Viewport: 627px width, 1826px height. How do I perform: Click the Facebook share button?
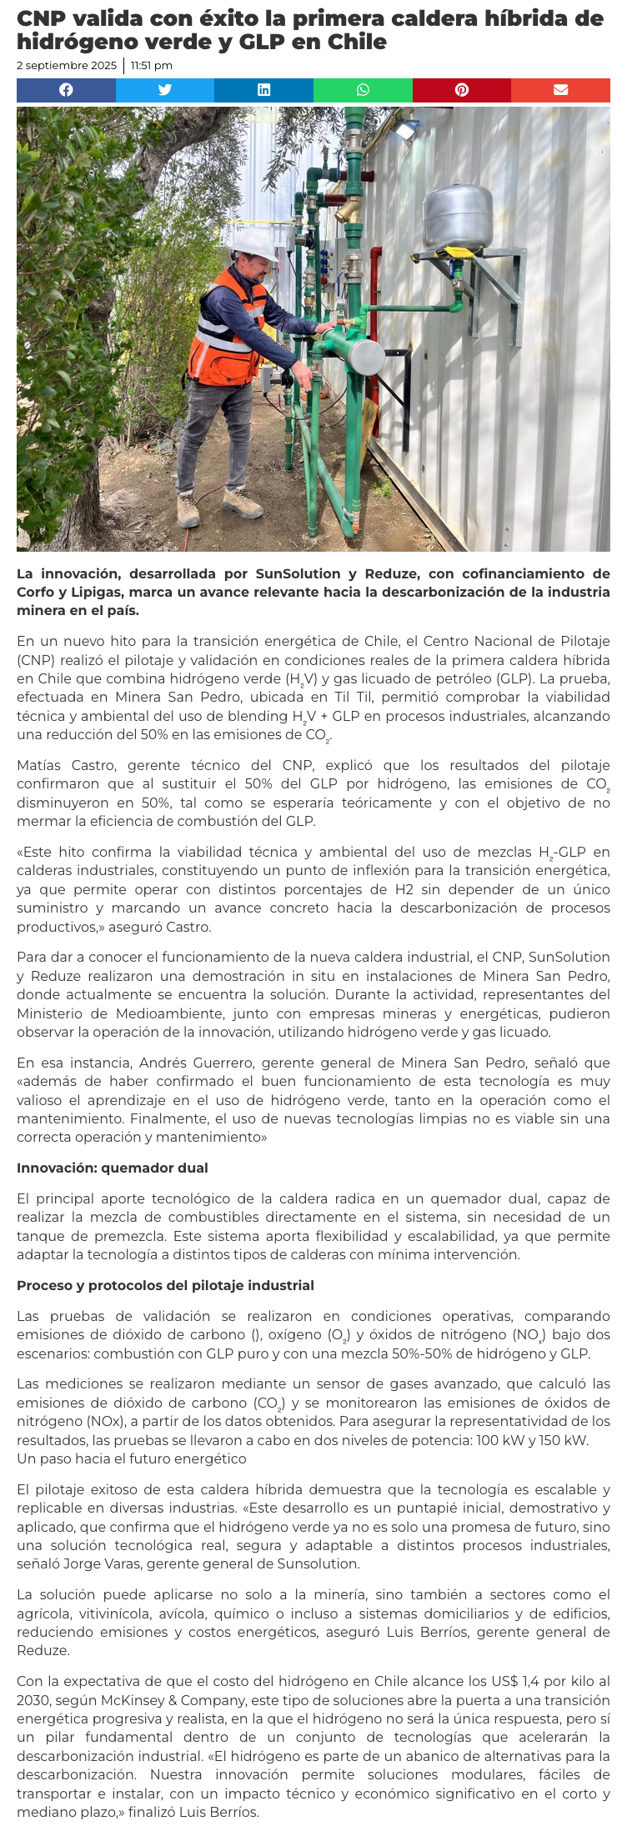pyautogui.click(x=66, y=90)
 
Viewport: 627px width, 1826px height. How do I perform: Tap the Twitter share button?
pyautogui.click(x=165, y=90)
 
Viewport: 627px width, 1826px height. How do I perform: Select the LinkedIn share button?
pyautogui.click(x=263, y=90)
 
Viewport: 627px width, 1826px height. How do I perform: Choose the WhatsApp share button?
pyautogui.click(x=363, y=90)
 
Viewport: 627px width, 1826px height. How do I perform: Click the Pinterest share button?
pyautogui.click(x=461, y=90)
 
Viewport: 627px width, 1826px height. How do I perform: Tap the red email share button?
pyautogui.click(x=560, y=90)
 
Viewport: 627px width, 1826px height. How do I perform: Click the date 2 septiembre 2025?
pyautogui.click(x=67, y=66)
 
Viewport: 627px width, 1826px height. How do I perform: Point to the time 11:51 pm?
pyautogui.click(x=152, y=66)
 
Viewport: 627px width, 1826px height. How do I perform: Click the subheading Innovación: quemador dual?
pyautogui.click(x=112, y=1168)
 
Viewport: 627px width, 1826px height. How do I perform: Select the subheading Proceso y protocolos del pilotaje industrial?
pyautogui.click(x=165, y=1285)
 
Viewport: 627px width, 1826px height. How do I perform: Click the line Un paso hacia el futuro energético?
pyautogui.click(x=131, y=1458)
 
